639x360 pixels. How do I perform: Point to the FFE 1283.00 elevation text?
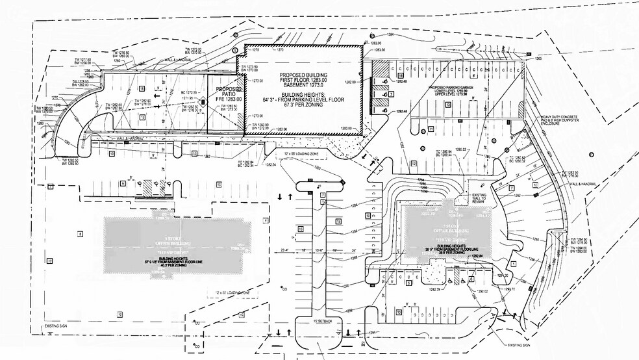pyautogui.click(x=229, y=99)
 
